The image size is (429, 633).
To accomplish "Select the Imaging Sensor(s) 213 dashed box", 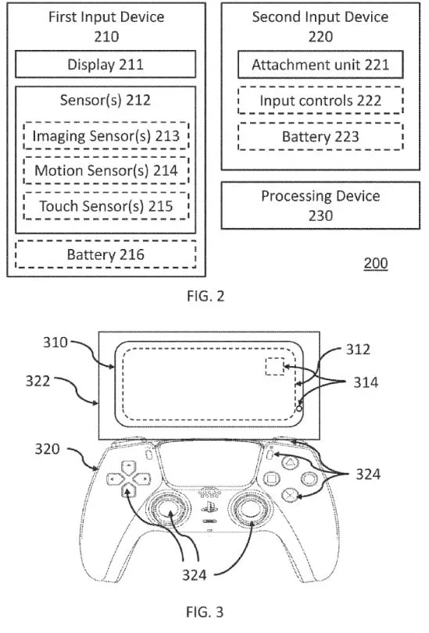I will (105, 137).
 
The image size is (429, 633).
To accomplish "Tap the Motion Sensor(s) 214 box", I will (105, 171).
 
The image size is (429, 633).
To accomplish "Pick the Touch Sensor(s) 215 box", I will (105, 205).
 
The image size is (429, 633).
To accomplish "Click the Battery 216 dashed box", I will (105, 254).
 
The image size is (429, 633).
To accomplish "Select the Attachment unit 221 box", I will (320, 66).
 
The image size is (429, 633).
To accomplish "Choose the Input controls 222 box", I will (320, 101).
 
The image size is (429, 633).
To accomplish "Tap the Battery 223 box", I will (320, 137).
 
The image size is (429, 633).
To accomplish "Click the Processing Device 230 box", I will (320, 205).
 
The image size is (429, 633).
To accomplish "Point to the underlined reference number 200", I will (375, 263).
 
